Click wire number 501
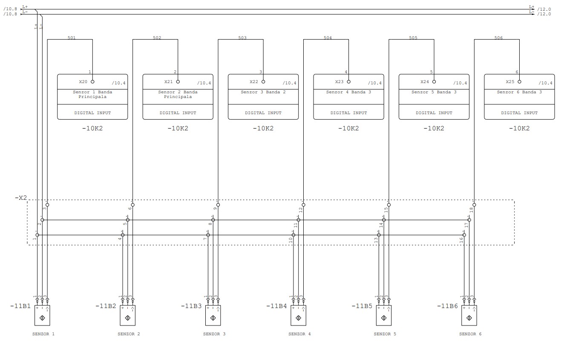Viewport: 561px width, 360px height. click(x=72, y=38)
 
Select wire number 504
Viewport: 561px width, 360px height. click(x=328, y=38)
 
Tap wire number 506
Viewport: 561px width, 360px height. click(x=498, y=38)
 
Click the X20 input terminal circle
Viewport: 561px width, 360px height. click(x=92, y=82)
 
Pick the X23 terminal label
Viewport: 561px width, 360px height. click(x=339, y=82)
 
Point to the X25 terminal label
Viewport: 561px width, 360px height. click(x=510, y=82)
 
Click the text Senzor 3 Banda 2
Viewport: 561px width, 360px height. click(x=263, y=92)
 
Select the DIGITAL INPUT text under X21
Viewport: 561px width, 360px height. click(x=178, y=113)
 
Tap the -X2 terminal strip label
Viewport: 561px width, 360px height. click(x=21, y=198)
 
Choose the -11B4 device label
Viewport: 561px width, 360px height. click(x=276, y=306)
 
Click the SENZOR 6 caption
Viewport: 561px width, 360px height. click(x=470, y=334)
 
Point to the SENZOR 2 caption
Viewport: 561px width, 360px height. click(x=129, y=334)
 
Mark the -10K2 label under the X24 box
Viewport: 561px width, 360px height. click(x=434, y=129)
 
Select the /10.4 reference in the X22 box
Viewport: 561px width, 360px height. click(x=290, y=83)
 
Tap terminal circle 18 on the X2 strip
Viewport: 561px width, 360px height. click(x=474, y=205)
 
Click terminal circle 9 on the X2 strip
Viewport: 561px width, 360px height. click(x=218, y=205)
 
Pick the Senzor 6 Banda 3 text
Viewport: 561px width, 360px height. click(x=519, y=92)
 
